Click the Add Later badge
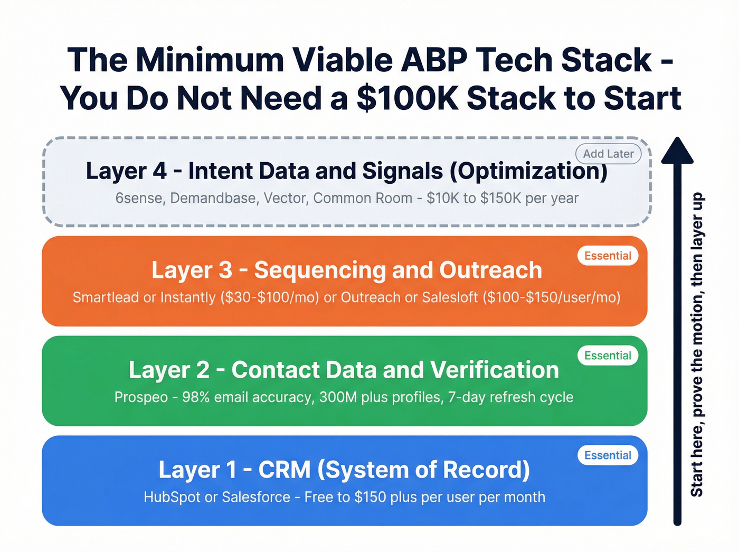click(608, 154)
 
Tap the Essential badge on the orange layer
click(608, 256)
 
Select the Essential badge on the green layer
click(608, 355)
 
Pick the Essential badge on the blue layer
click(608, 455)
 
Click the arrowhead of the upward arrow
click(677, 149)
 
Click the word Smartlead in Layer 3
click(106, 297)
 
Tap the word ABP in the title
click(434, 60)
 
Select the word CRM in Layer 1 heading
click(285, 470)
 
